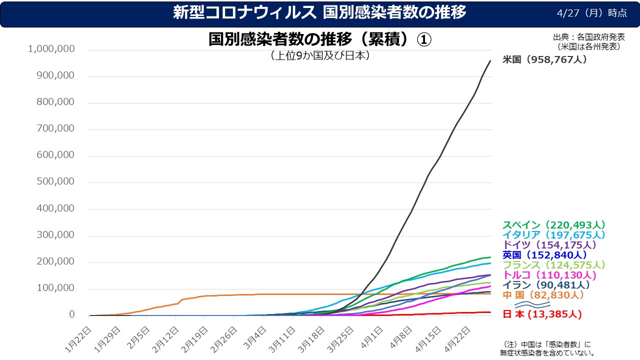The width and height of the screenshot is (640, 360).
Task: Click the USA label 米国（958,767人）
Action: coord(544,59)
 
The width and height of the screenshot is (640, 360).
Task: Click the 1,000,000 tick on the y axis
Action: coord(52,49)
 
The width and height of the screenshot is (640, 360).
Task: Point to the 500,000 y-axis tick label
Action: coord(56,181)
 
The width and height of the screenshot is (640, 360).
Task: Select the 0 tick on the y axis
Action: coord(71,314)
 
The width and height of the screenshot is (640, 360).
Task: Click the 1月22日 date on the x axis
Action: coord(79,338)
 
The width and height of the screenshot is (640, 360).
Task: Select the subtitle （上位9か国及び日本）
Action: coord(320,55)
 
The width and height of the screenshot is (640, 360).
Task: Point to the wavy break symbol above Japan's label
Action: coord(532,304)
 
